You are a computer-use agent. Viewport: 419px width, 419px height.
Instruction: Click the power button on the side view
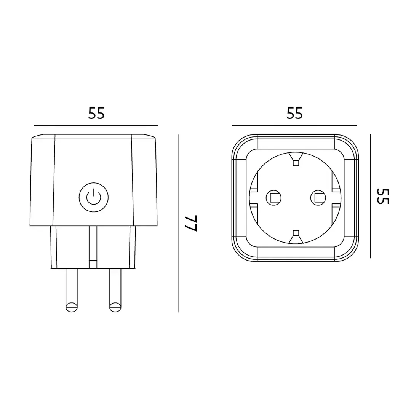94,197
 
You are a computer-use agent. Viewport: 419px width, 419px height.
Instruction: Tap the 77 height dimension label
191,223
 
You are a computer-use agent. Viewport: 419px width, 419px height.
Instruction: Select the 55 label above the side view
96,113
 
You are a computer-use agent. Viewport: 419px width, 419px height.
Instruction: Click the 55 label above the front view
294,113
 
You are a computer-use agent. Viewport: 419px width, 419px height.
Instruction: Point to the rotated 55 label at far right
383,196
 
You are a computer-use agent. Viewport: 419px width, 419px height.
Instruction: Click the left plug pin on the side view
72,290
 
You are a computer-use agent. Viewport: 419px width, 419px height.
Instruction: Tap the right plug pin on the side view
115,290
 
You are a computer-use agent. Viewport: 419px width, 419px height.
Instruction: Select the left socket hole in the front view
273,198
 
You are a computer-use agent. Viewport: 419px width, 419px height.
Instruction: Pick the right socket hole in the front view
318,198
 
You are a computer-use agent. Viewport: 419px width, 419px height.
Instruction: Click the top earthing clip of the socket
296,159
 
